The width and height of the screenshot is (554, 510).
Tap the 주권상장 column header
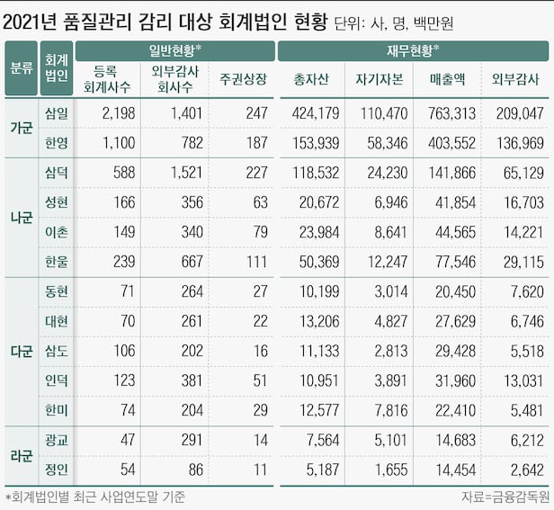pos(242,80)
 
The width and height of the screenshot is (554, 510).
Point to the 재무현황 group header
pos(413,49)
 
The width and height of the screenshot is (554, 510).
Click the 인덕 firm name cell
pos(56,380)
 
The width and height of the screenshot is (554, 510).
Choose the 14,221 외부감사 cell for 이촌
pos(520,232)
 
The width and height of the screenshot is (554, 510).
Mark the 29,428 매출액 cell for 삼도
pos(455,351)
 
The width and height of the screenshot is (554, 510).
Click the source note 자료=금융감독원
pos(503,497)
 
